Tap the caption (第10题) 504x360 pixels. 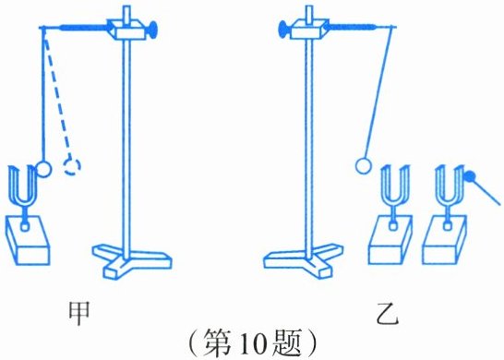pos(253,343)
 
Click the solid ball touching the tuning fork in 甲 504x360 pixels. pos(43,168)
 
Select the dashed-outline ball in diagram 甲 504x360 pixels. pos(72,166)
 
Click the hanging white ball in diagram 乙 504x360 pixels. pos(364,165)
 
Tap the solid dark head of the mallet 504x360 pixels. pos(470,176)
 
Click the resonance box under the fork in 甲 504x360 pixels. pos(28,240)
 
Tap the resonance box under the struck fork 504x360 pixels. pos(445,240)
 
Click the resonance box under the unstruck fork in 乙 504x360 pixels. pos(390,240)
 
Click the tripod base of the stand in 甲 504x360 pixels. pos(132,260)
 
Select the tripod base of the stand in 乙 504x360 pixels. pos(304,259)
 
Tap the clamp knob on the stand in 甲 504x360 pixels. pos(152,30)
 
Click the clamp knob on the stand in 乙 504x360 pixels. pos(283,29)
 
